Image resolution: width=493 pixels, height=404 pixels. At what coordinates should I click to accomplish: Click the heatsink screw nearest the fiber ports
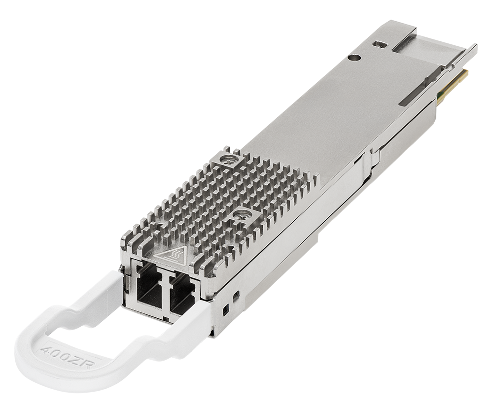pyautogui.click(x=241, y=214)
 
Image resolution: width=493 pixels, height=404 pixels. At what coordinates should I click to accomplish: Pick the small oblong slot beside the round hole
pyautogui.click(x=379, y=44)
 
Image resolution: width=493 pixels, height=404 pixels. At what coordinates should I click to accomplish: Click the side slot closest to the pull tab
pyautogui.click(x=226, y=309)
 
